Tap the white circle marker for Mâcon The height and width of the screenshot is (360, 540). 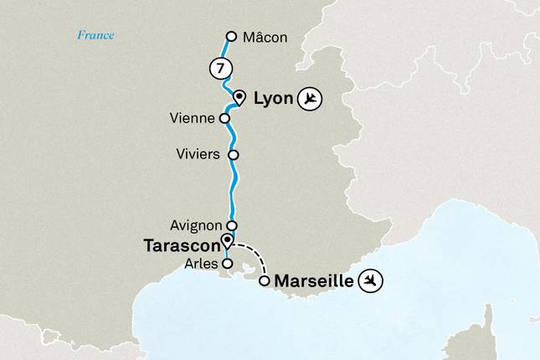[232, 36]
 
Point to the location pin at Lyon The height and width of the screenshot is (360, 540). [239, 96]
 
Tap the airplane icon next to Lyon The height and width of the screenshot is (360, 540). [310, 100]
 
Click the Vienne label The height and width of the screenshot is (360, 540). [192, 119]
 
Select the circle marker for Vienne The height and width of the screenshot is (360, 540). [224, 118]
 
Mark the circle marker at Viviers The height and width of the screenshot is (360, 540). [234, 155]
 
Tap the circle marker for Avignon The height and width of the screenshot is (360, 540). [232, 225]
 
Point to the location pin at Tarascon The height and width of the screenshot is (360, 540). [226, 242]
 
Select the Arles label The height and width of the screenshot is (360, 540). [202, 263]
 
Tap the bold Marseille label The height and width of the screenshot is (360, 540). [313, 281]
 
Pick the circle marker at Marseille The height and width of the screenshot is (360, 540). [265, 281]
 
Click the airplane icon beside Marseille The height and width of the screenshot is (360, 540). [370, 281]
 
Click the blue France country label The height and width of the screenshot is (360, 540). [95, 35]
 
